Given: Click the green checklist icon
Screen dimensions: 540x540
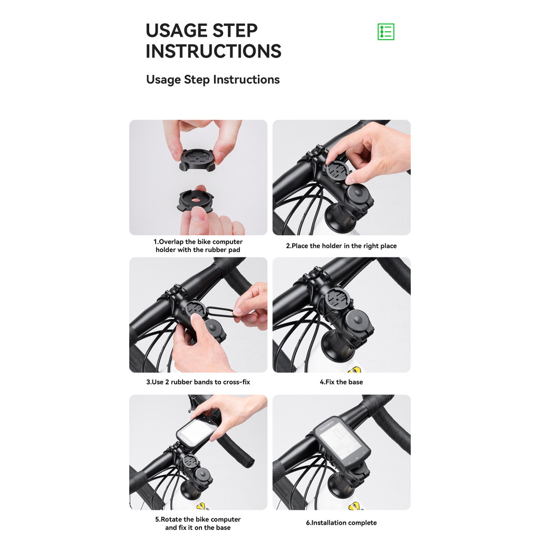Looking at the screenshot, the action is point(385,32).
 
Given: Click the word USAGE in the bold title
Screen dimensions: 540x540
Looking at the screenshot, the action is point(176,31).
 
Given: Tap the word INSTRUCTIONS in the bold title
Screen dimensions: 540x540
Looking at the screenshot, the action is point(214,51).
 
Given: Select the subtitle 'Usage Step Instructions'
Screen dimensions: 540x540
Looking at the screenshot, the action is point(213,80).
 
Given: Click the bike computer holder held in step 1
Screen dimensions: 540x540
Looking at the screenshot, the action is point(197,159).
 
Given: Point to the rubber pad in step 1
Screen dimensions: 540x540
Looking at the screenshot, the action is point(195,200).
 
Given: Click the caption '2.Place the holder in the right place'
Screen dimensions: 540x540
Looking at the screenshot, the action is point(341,246).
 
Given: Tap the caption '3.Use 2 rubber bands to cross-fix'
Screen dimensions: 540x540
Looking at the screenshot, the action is point(198,382).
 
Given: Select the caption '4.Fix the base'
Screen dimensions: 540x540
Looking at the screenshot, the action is point(341,382).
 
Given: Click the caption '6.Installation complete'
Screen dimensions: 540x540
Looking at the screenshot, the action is point(341,523).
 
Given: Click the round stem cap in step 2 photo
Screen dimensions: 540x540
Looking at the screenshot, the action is point(359,195).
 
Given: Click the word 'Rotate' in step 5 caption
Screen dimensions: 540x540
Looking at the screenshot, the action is point(172,519).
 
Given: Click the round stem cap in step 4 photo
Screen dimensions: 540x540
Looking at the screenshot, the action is point(357,322).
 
